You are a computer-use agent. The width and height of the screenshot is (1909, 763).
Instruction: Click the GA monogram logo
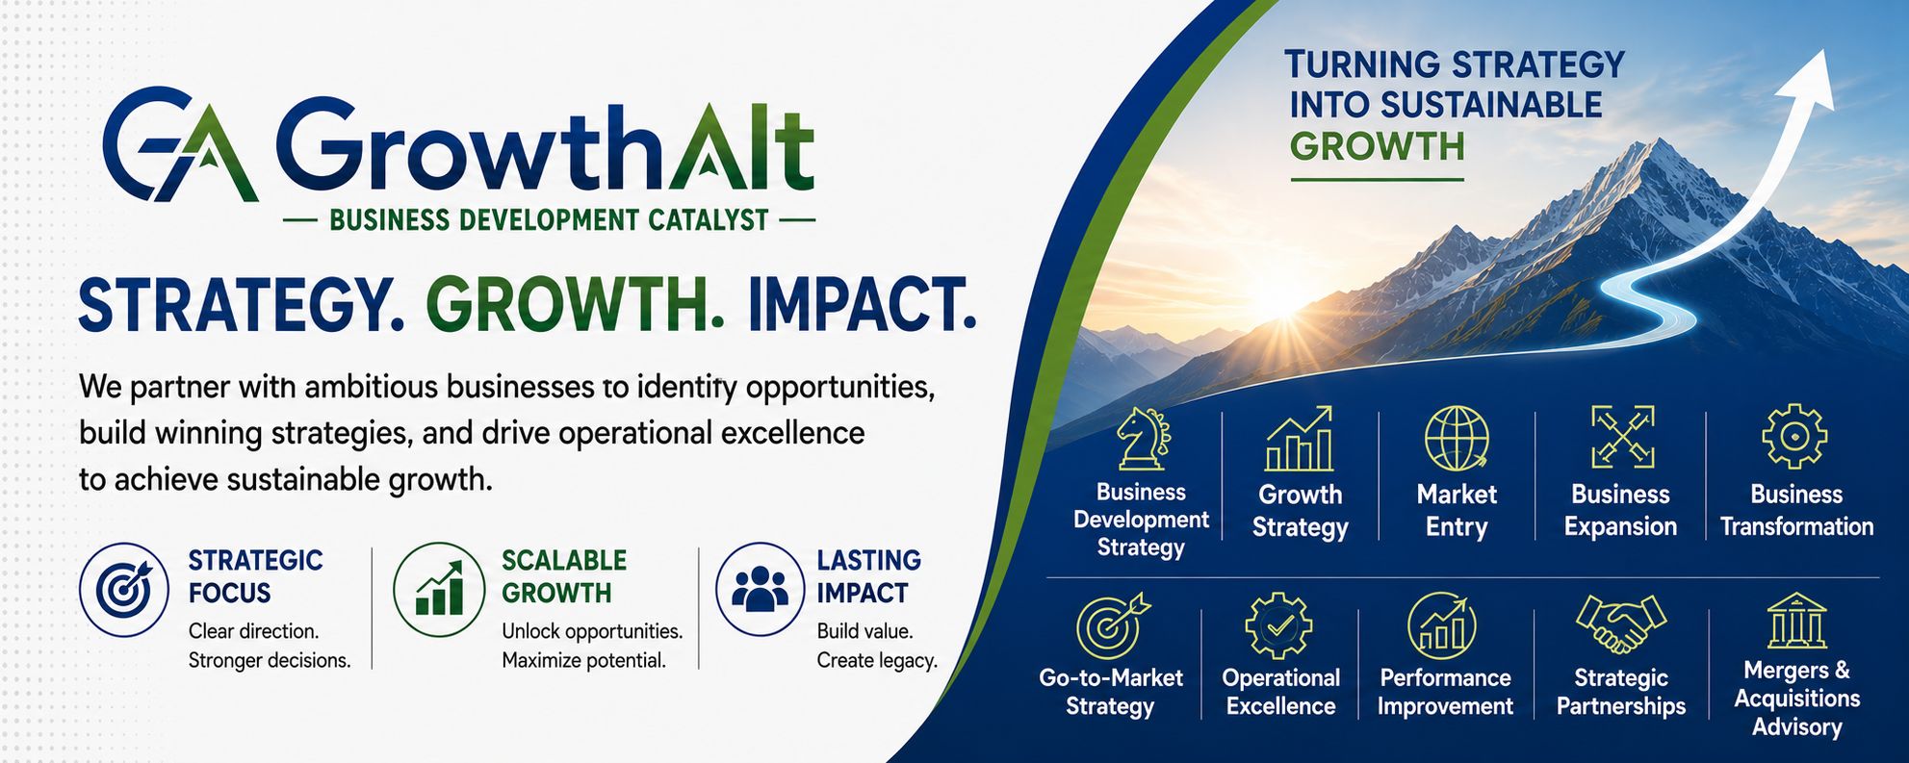(180, 144)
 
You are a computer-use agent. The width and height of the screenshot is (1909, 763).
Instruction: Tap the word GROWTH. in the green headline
(575, 304)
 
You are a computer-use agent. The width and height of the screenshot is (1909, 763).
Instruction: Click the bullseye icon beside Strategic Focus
(124, 589)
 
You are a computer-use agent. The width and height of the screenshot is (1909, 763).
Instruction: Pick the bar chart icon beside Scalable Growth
(439, 589)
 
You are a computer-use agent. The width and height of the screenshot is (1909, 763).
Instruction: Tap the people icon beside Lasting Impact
(761, 589)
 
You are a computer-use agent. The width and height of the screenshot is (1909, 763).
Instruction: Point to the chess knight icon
(1143, 439)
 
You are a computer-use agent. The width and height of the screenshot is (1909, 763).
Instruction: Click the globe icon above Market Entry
(1457, 439)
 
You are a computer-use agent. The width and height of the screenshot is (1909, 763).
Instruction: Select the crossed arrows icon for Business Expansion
(1623, 437)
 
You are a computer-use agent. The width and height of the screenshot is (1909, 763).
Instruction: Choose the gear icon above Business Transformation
(1794, 437)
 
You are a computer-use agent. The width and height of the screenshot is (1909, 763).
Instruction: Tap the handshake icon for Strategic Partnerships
(1621, 623)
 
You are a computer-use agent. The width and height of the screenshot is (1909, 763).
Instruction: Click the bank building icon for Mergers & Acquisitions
(1796, 622)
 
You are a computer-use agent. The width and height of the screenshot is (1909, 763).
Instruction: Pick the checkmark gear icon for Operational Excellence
(1279, 625)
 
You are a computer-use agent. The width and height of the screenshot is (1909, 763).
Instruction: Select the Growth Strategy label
(1300, 511)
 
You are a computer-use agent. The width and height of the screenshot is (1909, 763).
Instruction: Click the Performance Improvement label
(1445, 692)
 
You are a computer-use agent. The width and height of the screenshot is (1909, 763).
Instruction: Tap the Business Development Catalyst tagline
(549, 220)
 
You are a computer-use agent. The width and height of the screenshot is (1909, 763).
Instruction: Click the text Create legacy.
(877, 661)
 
